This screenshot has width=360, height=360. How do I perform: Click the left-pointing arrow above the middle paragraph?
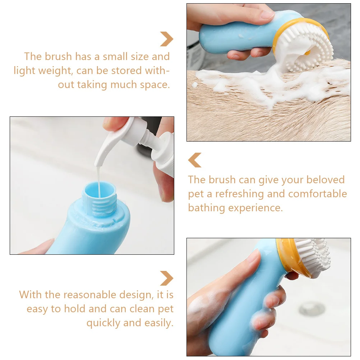[195, 160]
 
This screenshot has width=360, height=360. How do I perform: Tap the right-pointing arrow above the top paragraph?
[167, 39]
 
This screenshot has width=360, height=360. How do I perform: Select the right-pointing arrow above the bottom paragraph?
[167, 278]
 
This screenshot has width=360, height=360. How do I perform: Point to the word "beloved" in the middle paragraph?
[326, 180]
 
